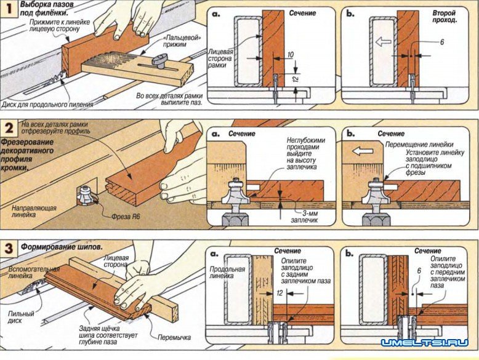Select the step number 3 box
(10, 248)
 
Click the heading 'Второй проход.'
(445, 16)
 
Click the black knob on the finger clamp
(161, 60)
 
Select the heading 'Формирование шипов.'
(61, 247)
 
